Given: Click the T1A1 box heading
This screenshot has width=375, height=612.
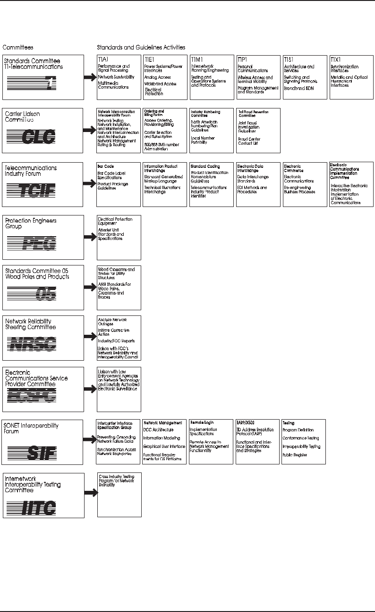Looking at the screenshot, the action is pos(103,60).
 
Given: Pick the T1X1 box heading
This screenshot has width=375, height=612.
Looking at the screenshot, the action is pos(336,60).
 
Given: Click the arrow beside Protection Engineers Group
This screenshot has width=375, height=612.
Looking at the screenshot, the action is pos(90,237).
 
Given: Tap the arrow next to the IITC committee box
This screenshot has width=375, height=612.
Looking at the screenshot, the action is pos(90,493).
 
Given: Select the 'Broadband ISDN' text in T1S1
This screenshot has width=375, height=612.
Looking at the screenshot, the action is pos(298,88).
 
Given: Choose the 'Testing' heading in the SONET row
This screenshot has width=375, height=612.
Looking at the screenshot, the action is pos(289,423).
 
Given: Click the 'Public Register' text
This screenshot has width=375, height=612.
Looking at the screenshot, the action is pos(295,455).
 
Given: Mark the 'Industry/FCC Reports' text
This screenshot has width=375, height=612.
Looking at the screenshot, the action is pos(116,340).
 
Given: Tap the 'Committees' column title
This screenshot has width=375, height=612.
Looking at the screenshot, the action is pos(18,48).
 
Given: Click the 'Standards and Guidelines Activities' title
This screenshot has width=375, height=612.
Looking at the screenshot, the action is pos(141,48).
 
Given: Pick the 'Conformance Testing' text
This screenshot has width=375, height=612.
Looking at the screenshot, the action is pos(301,438).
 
